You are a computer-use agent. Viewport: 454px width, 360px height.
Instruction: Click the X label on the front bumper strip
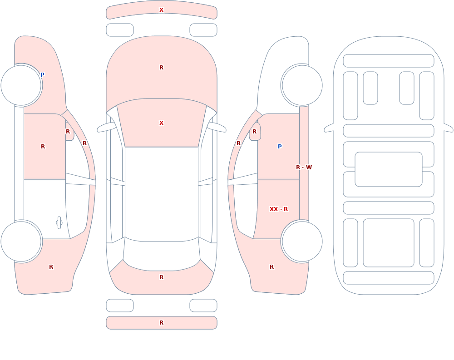click(162, 10)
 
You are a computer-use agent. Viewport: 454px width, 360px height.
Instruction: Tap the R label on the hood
click(162, 68)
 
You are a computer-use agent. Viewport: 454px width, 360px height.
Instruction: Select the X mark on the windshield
click(162, 123)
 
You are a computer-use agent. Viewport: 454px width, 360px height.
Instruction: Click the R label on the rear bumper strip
click(162, 323)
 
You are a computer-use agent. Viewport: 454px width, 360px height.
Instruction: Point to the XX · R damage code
click(279, 209)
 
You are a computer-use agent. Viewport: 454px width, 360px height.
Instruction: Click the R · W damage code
click(304, 168)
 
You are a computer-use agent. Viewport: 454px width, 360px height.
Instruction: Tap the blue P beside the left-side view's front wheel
click(42, 75)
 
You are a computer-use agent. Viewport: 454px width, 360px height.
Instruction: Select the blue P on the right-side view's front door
click(280, 147)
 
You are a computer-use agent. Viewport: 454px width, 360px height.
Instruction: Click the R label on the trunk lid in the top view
click(162, 277)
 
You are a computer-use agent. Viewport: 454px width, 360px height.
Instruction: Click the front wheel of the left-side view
click(21, 85)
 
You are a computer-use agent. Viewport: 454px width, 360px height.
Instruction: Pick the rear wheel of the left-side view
click(21, 241)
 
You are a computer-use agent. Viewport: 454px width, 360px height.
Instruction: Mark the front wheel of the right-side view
click(302, 85)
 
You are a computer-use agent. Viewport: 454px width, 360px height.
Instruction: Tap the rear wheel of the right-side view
click(302, 241)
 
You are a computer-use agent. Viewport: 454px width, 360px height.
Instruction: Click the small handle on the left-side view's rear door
click(59, 223)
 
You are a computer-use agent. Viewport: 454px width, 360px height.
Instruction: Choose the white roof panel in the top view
click(162, 194)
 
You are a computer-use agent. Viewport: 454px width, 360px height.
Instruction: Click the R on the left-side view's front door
click(43, 147)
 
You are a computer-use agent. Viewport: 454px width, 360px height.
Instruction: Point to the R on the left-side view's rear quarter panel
click(51, 267)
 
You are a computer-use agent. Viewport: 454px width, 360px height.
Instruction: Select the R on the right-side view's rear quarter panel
click(271, 267)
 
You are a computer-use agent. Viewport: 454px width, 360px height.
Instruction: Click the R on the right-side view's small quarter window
click(255, 132)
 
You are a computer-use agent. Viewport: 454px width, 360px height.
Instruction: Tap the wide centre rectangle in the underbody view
click(389, 169)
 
